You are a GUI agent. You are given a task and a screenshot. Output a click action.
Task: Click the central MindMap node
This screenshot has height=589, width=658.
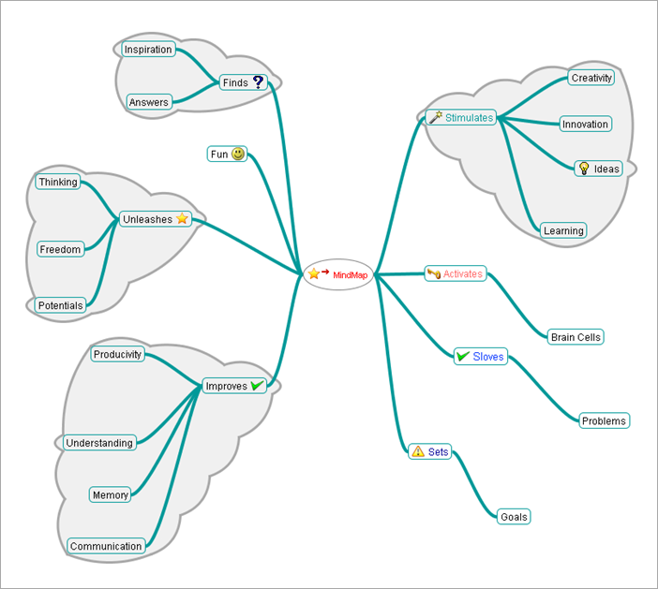point(338,274)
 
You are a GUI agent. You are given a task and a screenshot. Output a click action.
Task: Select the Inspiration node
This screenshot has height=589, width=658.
point(148,50)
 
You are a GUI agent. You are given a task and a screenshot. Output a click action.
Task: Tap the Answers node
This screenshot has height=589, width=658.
point(149,102)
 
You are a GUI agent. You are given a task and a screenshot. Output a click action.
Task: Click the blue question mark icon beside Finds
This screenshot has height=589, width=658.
point(259,82)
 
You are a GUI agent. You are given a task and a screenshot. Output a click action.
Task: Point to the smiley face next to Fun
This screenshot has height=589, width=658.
point(238,154)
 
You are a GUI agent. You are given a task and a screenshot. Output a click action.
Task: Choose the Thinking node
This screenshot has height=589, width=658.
point(58,182)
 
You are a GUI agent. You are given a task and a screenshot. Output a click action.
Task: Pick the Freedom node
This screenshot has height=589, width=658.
point(60,249)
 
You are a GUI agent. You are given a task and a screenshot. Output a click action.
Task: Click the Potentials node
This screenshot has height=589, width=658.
point(61,305)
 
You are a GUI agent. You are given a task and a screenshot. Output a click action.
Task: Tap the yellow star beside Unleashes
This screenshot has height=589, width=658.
point(183,219)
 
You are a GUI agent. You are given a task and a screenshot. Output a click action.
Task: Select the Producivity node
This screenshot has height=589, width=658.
point(118,354)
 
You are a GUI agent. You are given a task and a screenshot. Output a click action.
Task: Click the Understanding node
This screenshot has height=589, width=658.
point(99,443)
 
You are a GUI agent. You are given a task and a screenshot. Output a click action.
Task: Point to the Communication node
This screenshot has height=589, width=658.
point(106,546)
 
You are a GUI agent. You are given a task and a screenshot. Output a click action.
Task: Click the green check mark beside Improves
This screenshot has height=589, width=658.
point(258,386)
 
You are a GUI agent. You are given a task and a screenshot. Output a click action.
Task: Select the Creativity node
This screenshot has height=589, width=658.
point(591,78)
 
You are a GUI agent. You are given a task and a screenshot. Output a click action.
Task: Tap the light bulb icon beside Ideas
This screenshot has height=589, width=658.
point(583,169)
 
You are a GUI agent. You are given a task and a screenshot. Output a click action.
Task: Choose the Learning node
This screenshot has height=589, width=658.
point(563,230)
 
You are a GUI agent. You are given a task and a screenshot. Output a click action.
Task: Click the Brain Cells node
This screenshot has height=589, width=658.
point(576,337)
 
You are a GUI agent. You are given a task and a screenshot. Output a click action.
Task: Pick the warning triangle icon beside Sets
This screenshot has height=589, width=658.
point(418,451)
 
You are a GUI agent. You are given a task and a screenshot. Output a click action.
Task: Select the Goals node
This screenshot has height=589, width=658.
point(514,516)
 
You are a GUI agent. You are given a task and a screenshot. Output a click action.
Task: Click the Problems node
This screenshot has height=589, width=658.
point(604,420)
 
